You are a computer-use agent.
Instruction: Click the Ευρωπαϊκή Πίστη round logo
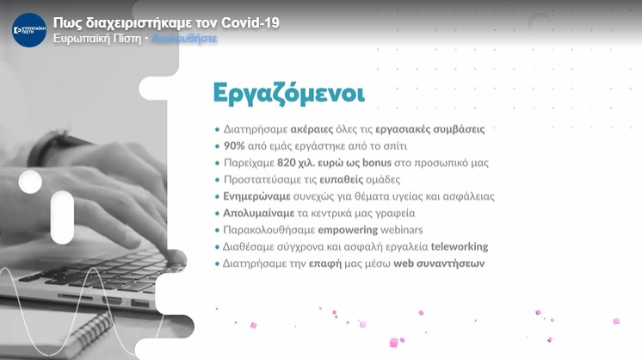[x=29, y=30]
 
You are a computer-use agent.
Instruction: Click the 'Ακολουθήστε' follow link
[x=185, y=40]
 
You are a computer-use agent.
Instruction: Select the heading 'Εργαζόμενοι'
[x=288, y=93]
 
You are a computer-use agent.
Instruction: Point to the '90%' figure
[x=235, y=146]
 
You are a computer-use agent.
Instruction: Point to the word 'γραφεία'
[x=394, y=213]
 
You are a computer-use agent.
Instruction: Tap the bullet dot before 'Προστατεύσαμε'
[x=217, y=180]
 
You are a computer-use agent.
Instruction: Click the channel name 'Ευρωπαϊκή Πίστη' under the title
[x=96, y=40]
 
